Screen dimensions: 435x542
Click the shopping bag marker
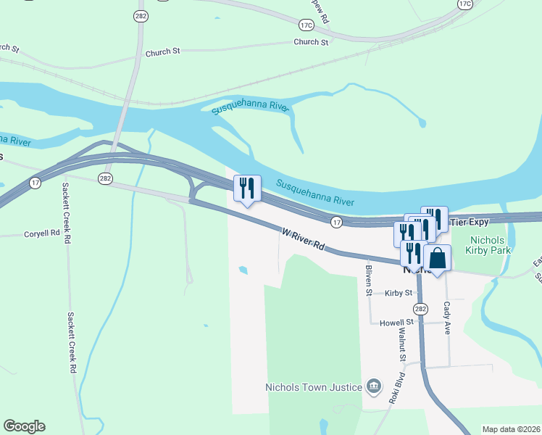[438, 258]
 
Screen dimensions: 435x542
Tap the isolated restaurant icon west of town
[247, 188]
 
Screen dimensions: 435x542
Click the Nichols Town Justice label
[314, 387]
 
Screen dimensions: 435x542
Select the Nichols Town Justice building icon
[374, 386]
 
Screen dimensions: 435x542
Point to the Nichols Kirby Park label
[491, 245]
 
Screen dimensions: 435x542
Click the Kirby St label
[399, 293]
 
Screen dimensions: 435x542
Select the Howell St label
[396, 321]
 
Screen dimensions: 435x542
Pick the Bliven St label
[369, 275]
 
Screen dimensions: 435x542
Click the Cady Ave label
[447, 318]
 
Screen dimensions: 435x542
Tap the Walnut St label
[401, 344]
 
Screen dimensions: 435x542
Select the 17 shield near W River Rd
[336, 220]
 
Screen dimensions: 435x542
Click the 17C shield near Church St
[306, 25]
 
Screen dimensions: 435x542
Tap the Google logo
[24, 426]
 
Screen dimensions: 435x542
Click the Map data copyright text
[511, 429]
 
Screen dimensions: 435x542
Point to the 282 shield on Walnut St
[422, 309]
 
